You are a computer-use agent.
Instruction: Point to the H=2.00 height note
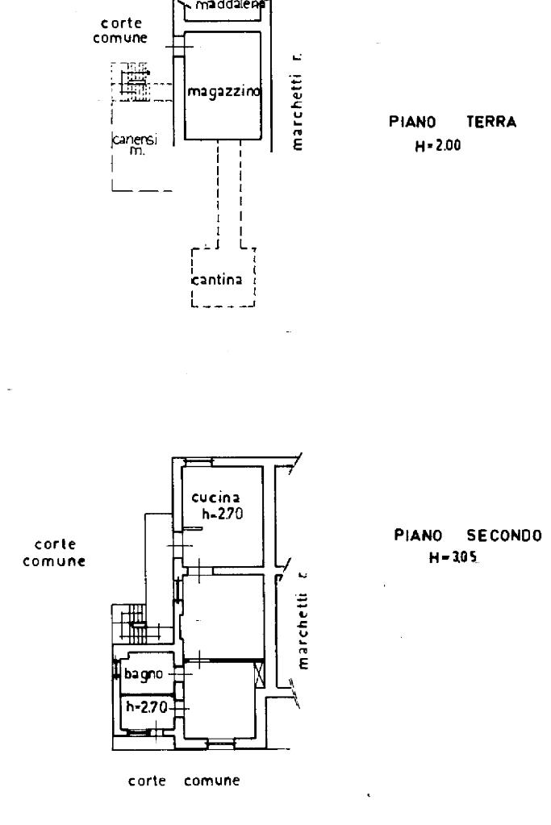(x=434, y=148)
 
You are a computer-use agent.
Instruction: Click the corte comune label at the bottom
(x=186, y=780)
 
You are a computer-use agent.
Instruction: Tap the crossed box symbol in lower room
(x=258, y=673)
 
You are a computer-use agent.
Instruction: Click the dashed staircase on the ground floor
(x=132, y=80)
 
